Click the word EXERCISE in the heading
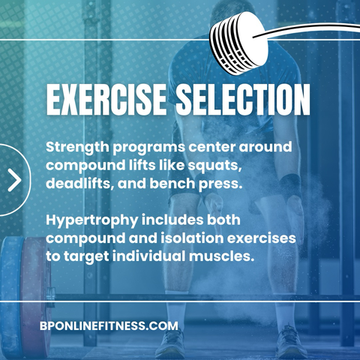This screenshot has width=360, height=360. click(106, 99)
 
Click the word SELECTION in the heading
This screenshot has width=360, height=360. click(243, 99)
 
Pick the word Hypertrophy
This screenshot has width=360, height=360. click(92, 220)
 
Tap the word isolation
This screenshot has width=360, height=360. click(192, 238)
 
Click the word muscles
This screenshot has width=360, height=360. click(221, 256)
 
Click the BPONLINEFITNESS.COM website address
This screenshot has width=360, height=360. click(109, 325)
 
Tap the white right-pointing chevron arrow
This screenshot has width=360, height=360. click(14, 180)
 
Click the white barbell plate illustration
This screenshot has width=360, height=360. click(238, 43)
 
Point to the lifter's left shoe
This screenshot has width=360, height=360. click(291, 341)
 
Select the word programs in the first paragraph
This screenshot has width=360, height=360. click(149, 148)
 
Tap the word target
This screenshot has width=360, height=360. click(86, 256)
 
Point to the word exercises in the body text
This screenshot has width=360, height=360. click(262, 238)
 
